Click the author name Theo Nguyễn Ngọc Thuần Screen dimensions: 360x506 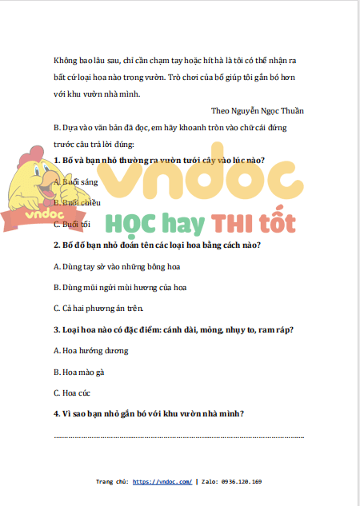click(x=257, y=110)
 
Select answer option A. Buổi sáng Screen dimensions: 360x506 click(x=77, y=182)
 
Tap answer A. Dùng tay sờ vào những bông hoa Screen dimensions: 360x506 click(x=116, y=265)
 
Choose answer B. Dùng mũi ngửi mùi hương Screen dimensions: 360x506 click(x=120, y=286)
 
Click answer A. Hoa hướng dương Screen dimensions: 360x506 click(x=90, y=350)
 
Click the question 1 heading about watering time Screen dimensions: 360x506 click(x=159, y=160)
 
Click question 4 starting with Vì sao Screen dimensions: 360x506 click(x=148, y=413)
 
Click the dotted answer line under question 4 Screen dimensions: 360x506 click(x=178, y=436)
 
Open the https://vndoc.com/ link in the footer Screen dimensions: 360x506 click(x=162, y=482)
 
